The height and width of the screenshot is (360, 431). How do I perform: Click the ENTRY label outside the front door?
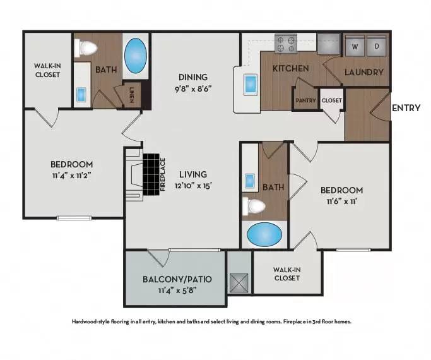click(406, 108)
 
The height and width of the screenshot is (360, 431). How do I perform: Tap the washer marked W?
click(354, 46)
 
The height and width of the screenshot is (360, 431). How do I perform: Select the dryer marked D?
click(376, 46)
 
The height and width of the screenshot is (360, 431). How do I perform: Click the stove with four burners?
click(285, 44)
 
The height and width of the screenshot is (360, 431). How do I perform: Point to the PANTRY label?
click(305, 100)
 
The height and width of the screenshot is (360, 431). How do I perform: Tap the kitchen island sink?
click(250, 83)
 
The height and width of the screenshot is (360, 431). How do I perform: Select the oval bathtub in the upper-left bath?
click(135, 56)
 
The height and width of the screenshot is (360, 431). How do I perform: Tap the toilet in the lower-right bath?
click(256, 206)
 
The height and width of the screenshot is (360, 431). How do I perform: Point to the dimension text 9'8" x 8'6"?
click(192, 88)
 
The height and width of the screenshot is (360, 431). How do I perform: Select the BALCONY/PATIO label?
click(177, 279)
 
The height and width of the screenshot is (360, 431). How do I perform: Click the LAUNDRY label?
click(364, 72)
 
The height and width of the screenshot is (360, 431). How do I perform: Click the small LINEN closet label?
click(131, 95)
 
